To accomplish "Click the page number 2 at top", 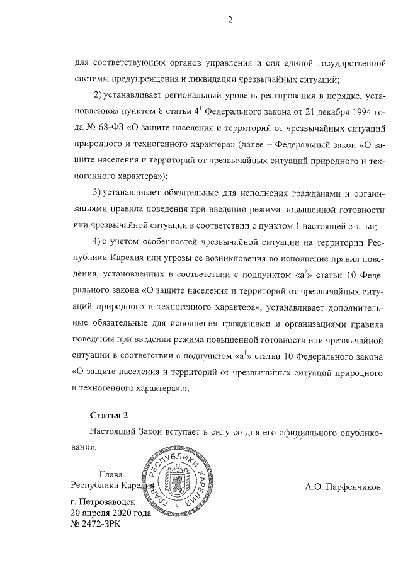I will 230,20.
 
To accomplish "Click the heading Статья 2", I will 109,416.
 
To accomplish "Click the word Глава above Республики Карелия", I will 111,474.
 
